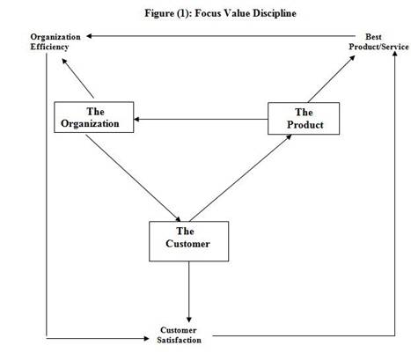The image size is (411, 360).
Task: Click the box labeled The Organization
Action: click(93, 117)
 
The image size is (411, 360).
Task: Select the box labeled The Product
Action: click(304, 119)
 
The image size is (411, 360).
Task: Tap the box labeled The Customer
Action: click(188, 241)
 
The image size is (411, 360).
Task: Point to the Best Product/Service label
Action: click(378, 41)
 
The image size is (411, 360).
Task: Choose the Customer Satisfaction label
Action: click(179, 335)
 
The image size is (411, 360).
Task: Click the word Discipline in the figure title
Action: click(275, 13)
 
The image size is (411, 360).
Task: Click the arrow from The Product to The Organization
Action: click(201, 119)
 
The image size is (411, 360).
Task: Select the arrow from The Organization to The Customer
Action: click(133, 178)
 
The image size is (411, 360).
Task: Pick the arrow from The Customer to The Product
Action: click(240, 178)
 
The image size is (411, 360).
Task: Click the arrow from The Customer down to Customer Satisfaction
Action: click(189, 292)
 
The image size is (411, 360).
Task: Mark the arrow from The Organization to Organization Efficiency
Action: click(77, 78)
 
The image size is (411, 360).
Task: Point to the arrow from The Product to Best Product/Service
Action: click(332, 78)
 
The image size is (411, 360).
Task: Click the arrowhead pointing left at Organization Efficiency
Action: click(89, 36)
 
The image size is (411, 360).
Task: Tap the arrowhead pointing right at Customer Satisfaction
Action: click(146, 339)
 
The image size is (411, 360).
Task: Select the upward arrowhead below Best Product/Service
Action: click(395, 54)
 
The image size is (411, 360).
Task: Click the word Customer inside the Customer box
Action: click(187, 244)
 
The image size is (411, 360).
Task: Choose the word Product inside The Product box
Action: click(305, 125)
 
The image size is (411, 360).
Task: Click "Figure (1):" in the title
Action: click(168, 13)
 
